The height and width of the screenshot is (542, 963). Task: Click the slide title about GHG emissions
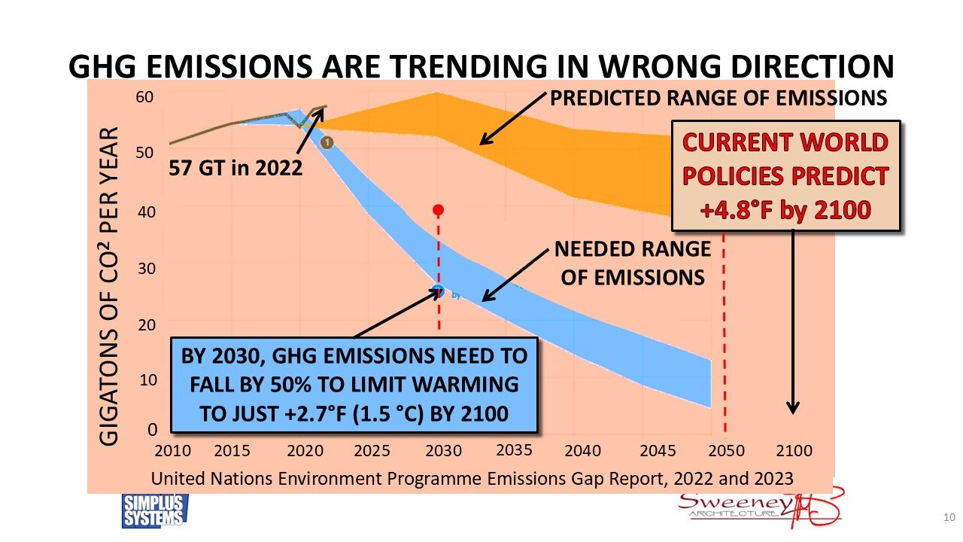point(481,66)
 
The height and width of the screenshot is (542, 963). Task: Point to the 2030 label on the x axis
point(443,451)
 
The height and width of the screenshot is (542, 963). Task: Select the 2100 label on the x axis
point(794,451)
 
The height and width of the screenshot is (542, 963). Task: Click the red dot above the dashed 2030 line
point(439,210)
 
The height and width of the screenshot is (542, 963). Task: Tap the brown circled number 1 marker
point(327,142)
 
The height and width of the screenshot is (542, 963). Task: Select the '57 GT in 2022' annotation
point(235,167)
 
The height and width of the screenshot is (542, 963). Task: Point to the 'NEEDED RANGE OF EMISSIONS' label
point(632,263)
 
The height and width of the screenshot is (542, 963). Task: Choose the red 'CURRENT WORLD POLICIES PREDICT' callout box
point(786,175)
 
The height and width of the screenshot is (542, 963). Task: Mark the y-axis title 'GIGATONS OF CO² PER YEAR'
point(109,286)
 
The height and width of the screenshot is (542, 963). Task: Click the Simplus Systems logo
point(155,510)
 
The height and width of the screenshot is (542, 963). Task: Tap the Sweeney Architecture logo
point(760,508)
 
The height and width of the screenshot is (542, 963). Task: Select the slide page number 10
point(949,517)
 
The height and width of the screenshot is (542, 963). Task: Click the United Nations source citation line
point(472,478)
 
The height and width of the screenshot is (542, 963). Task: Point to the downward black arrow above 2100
point(793,324)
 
